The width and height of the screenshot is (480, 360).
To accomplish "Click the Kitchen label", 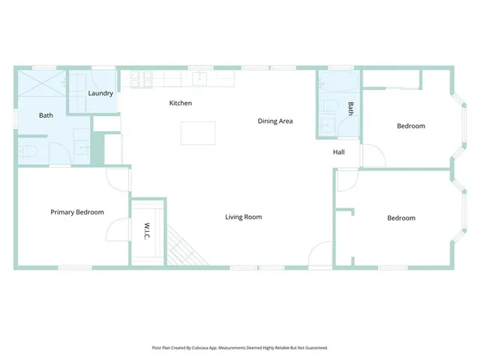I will tap(181, 103).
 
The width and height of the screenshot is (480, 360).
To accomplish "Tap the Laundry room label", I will tap(100, 94).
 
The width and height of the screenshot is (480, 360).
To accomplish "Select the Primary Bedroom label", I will tap(77, 212).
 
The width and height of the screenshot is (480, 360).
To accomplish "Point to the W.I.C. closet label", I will tap(147, 231).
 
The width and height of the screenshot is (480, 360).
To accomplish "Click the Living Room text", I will tap(244, 217).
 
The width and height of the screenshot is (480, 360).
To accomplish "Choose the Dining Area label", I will tap(275, 121).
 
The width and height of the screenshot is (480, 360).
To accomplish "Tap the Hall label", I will tap(339, 152).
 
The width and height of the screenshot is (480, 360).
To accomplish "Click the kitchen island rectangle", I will tap(198, 133).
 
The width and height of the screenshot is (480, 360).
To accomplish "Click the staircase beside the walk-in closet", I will tap(186, 248).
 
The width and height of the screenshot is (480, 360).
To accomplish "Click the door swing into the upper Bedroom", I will tap(373, 155).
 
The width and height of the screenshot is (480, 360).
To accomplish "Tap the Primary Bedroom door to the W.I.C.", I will tap(118, 230).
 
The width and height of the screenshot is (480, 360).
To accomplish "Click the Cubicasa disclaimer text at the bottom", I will tap(240, 348).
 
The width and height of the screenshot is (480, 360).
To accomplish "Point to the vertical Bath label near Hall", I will tap(350, 109).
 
